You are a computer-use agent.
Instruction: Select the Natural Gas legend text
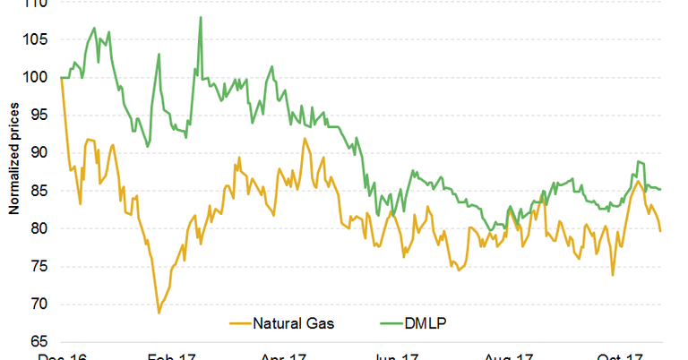[294, 323]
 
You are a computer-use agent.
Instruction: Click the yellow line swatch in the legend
[239, 323]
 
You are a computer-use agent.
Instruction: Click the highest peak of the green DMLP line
[200, 17]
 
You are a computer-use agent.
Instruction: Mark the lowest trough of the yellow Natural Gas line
[159, 313]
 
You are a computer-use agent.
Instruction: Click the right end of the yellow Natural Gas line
[661, 231]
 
